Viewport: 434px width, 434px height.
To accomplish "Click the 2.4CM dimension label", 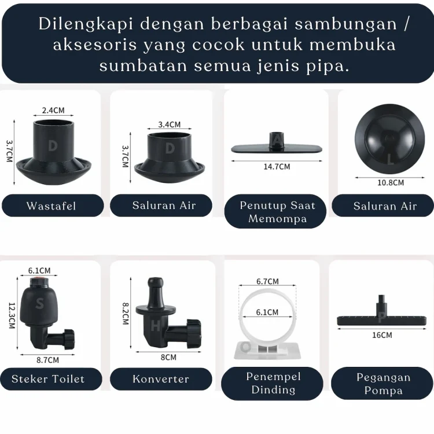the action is pyautogui.click(x=53, y=110).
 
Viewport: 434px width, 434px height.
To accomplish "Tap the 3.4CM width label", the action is pyautogui.click(x=170, y=124).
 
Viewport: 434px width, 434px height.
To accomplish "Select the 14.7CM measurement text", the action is pyautogui.click(x=277, y=167).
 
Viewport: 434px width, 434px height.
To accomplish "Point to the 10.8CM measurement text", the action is pyautogui.click(x=391, y=183).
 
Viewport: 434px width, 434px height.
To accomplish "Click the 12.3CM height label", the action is pyautogui.click(x=12, y=315).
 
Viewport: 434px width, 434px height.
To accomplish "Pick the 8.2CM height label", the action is pyautogui.click(x=126, y=313).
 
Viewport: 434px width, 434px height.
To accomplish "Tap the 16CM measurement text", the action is pyautogui.click(x=382, y=335).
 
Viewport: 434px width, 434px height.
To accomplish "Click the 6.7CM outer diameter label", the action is pyautogui.click(x=267, y=281).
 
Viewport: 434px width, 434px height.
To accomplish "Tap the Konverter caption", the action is pyautogui.click(x=161, y=379).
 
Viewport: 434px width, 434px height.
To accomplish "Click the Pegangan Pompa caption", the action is pyautogui.click(x=382, y=384).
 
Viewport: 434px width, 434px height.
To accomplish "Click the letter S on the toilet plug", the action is pyautogui.click(x=39, y=304).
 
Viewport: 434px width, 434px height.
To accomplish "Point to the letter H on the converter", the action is pyautogui.click(x=156, y=326).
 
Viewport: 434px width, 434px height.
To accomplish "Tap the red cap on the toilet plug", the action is pyautogui.click(x=39, y=279).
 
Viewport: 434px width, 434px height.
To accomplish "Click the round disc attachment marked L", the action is pyautogui.click(x=389, y=139).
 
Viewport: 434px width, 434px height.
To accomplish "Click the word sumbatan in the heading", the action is pyautogui.click(x=144, y=66).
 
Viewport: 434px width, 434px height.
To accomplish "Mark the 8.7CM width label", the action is pyautogui.click(x=47, y=360).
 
